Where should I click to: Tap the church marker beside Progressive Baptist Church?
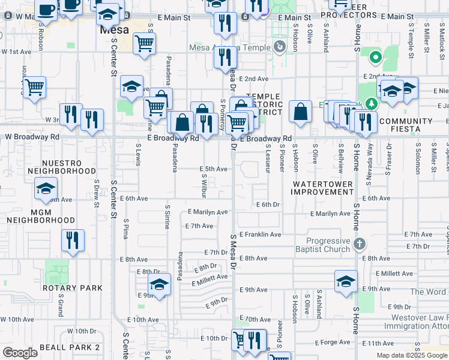(x=359, y=244)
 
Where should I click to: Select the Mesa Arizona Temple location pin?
(x=279, y=46)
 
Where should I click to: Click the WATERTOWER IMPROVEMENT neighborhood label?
(x=322, y=188)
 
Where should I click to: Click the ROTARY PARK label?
(x=73, y=288)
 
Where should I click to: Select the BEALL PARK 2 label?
(x=70, y=347)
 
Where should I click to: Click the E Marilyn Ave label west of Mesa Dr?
(x=208, y=212)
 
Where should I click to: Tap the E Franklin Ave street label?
(x=261, y=235)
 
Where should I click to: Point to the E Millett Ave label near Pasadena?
(x=210, y=277)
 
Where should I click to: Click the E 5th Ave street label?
(x=214, y=169)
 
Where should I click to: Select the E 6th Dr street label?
(x=268, y=205)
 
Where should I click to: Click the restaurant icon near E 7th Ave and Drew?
(x=73, y=240)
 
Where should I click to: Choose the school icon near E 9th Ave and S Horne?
(x=346, y=282)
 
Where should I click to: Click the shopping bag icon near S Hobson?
(x=300, y=112)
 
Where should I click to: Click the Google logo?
(x=20, y=353)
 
